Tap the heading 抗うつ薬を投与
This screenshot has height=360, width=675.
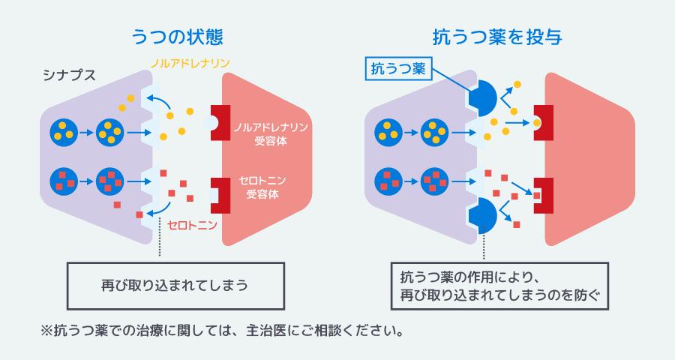click(498, 35)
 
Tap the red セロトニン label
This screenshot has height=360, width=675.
click(192, 223)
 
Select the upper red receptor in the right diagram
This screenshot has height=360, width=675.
click(543, 121)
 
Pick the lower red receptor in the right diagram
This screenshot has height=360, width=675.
click(543, 194)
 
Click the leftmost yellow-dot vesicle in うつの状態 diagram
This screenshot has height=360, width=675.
click(62, 133)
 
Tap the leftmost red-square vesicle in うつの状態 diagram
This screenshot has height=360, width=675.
click(62, 181)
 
